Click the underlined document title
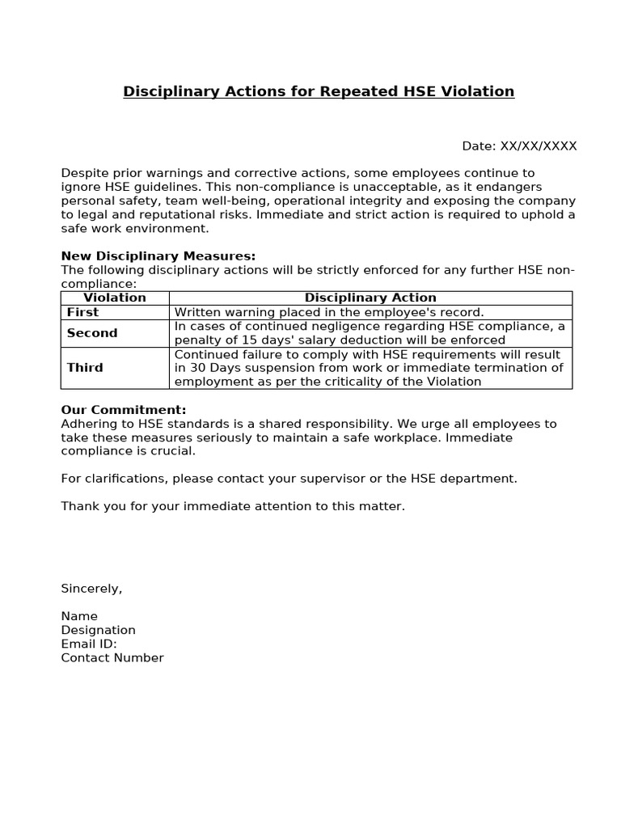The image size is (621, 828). (319, 91)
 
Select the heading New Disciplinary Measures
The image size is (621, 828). (158, 256)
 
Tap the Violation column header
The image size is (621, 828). (115, 298)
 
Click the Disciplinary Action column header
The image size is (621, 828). (370, 298)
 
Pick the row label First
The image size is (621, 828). (83, 312)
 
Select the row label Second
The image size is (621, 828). (92, 333)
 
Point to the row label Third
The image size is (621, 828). (85, 368)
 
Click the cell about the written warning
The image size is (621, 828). (329, 312)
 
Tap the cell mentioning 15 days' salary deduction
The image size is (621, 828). (370, 333)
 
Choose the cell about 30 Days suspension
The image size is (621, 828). (370, 368)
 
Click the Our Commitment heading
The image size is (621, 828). (124, 410)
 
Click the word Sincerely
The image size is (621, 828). (91, 589)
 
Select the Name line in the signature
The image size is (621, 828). (79, 616)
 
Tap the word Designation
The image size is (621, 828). (98, 630)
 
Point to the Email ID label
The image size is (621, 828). (89, 644)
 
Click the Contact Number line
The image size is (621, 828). (112, 657)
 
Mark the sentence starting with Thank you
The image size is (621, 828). (233, 506)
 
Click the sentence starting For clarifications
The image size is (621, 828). (289, 479)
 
